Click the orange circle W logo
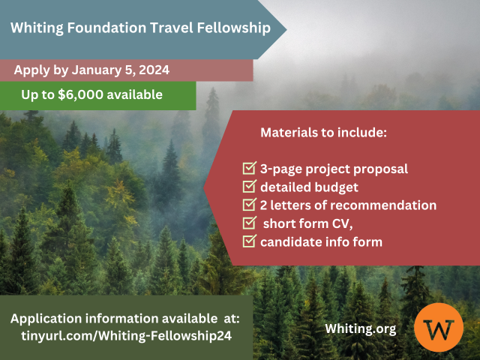point(439,327)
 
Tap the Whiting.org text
point(361,329)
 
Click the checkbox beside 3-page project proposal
point(250,168)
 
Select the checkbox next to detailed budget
point(250,186)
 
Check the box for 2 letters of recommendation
point(250,205)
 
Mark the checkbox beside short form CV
point(250,223)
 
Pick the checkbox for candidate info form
point(250,241)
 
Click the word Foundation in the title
point(106,28)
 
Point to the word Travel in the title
point(172,28)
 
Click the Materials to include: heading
point(323,133)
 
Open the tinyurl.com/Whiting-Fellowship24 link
point(127,336)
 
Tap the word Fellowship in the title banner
point(234,28)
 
